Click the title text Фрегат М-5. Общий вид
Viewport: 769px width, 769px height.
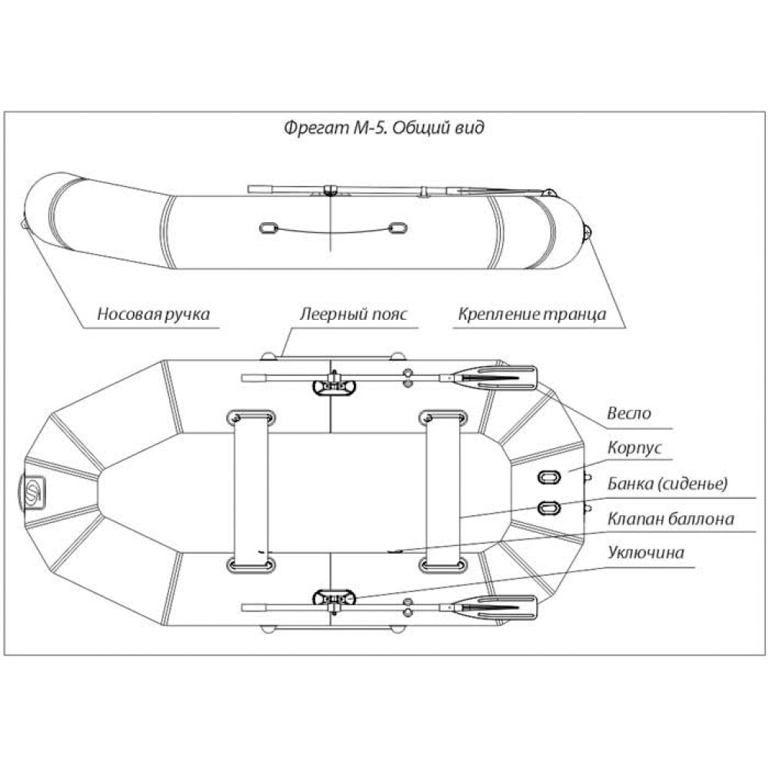click(x=384, y=128)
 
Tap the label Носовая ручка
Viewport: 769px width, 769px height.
click(x=153, y=314)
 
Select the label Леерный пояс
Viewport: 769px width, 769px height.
click(x=353, y=314)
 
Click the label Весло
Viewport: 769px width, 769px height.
click(x=628, y=413)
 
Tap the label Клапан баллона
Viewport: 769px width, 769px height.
click(x=670, y=518)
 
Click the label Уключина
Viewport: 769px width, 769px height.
click(x=645, y=552)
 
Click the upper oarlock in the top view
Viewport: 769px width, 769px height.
click(x=333, y=385)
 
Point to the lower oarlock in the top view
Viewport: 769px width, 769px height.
click(x=333, y=598)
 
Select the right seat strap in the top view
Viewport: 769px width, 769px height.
click(x=441, y=491)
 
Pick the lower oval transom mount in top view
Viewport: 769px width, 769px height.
click(x=549, y=507)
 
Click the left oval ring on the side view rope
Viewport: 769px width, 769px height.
click(x=268, y=228)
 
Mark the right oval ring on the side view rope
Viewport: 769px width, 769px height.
click(x=398, y=228)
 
